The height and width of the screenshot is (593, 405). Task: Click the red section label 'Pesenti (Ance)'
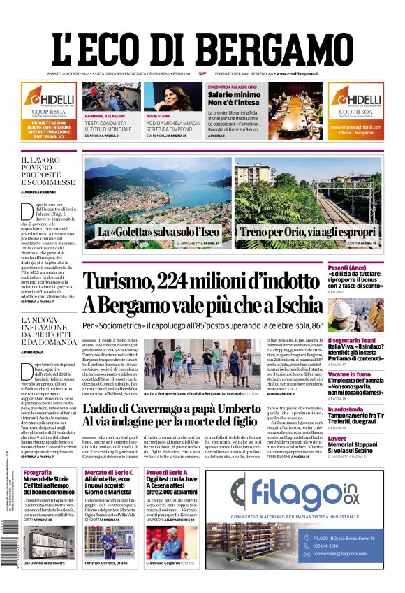click(x=367, y=268)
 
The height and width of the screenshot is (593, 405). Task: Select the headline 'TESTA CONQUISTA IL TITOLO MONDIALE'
click(x=108, y=126)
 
